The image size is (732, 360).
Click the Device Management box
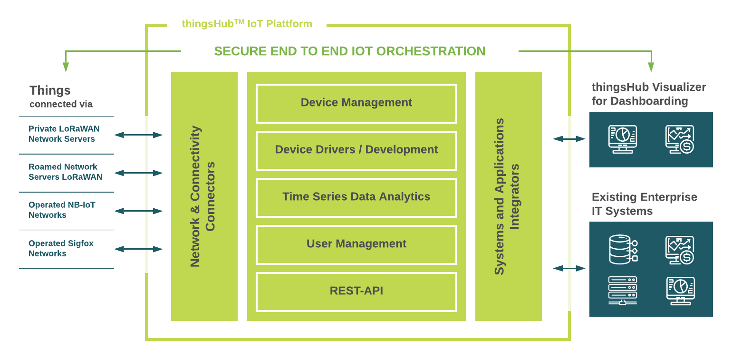coord(356,103)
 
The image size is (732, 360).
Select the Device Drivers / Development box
coord(356,150)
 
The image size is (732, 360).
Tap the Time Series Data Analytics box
coord(356,197)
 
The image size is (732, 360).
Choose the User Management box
coord(356,244)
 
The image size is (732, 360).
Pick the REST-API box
coord(356,291)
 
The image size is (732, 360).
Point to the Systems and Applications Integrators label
coord(507,196)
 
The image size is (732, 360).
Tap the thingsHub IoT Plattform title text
coord(247,24)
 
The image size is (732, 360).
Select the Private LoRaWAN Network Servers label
coord(64,134)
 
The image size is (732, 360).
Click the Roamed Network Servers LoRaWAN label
coord(65,172)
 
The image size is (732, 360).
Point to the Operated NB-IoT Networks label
coord(62,210)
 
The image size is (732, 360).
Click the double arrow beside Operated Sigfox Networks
coord(139,249)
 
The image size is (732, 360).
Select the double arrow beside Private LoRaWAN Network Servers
coord(139,135)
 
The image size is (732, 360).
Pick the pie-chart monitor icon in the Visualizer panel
coord(623,139)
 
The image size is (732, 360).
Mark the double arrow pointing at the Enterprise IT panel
coord(569,268)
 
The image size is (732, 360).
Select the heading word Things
coord(50,90)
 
